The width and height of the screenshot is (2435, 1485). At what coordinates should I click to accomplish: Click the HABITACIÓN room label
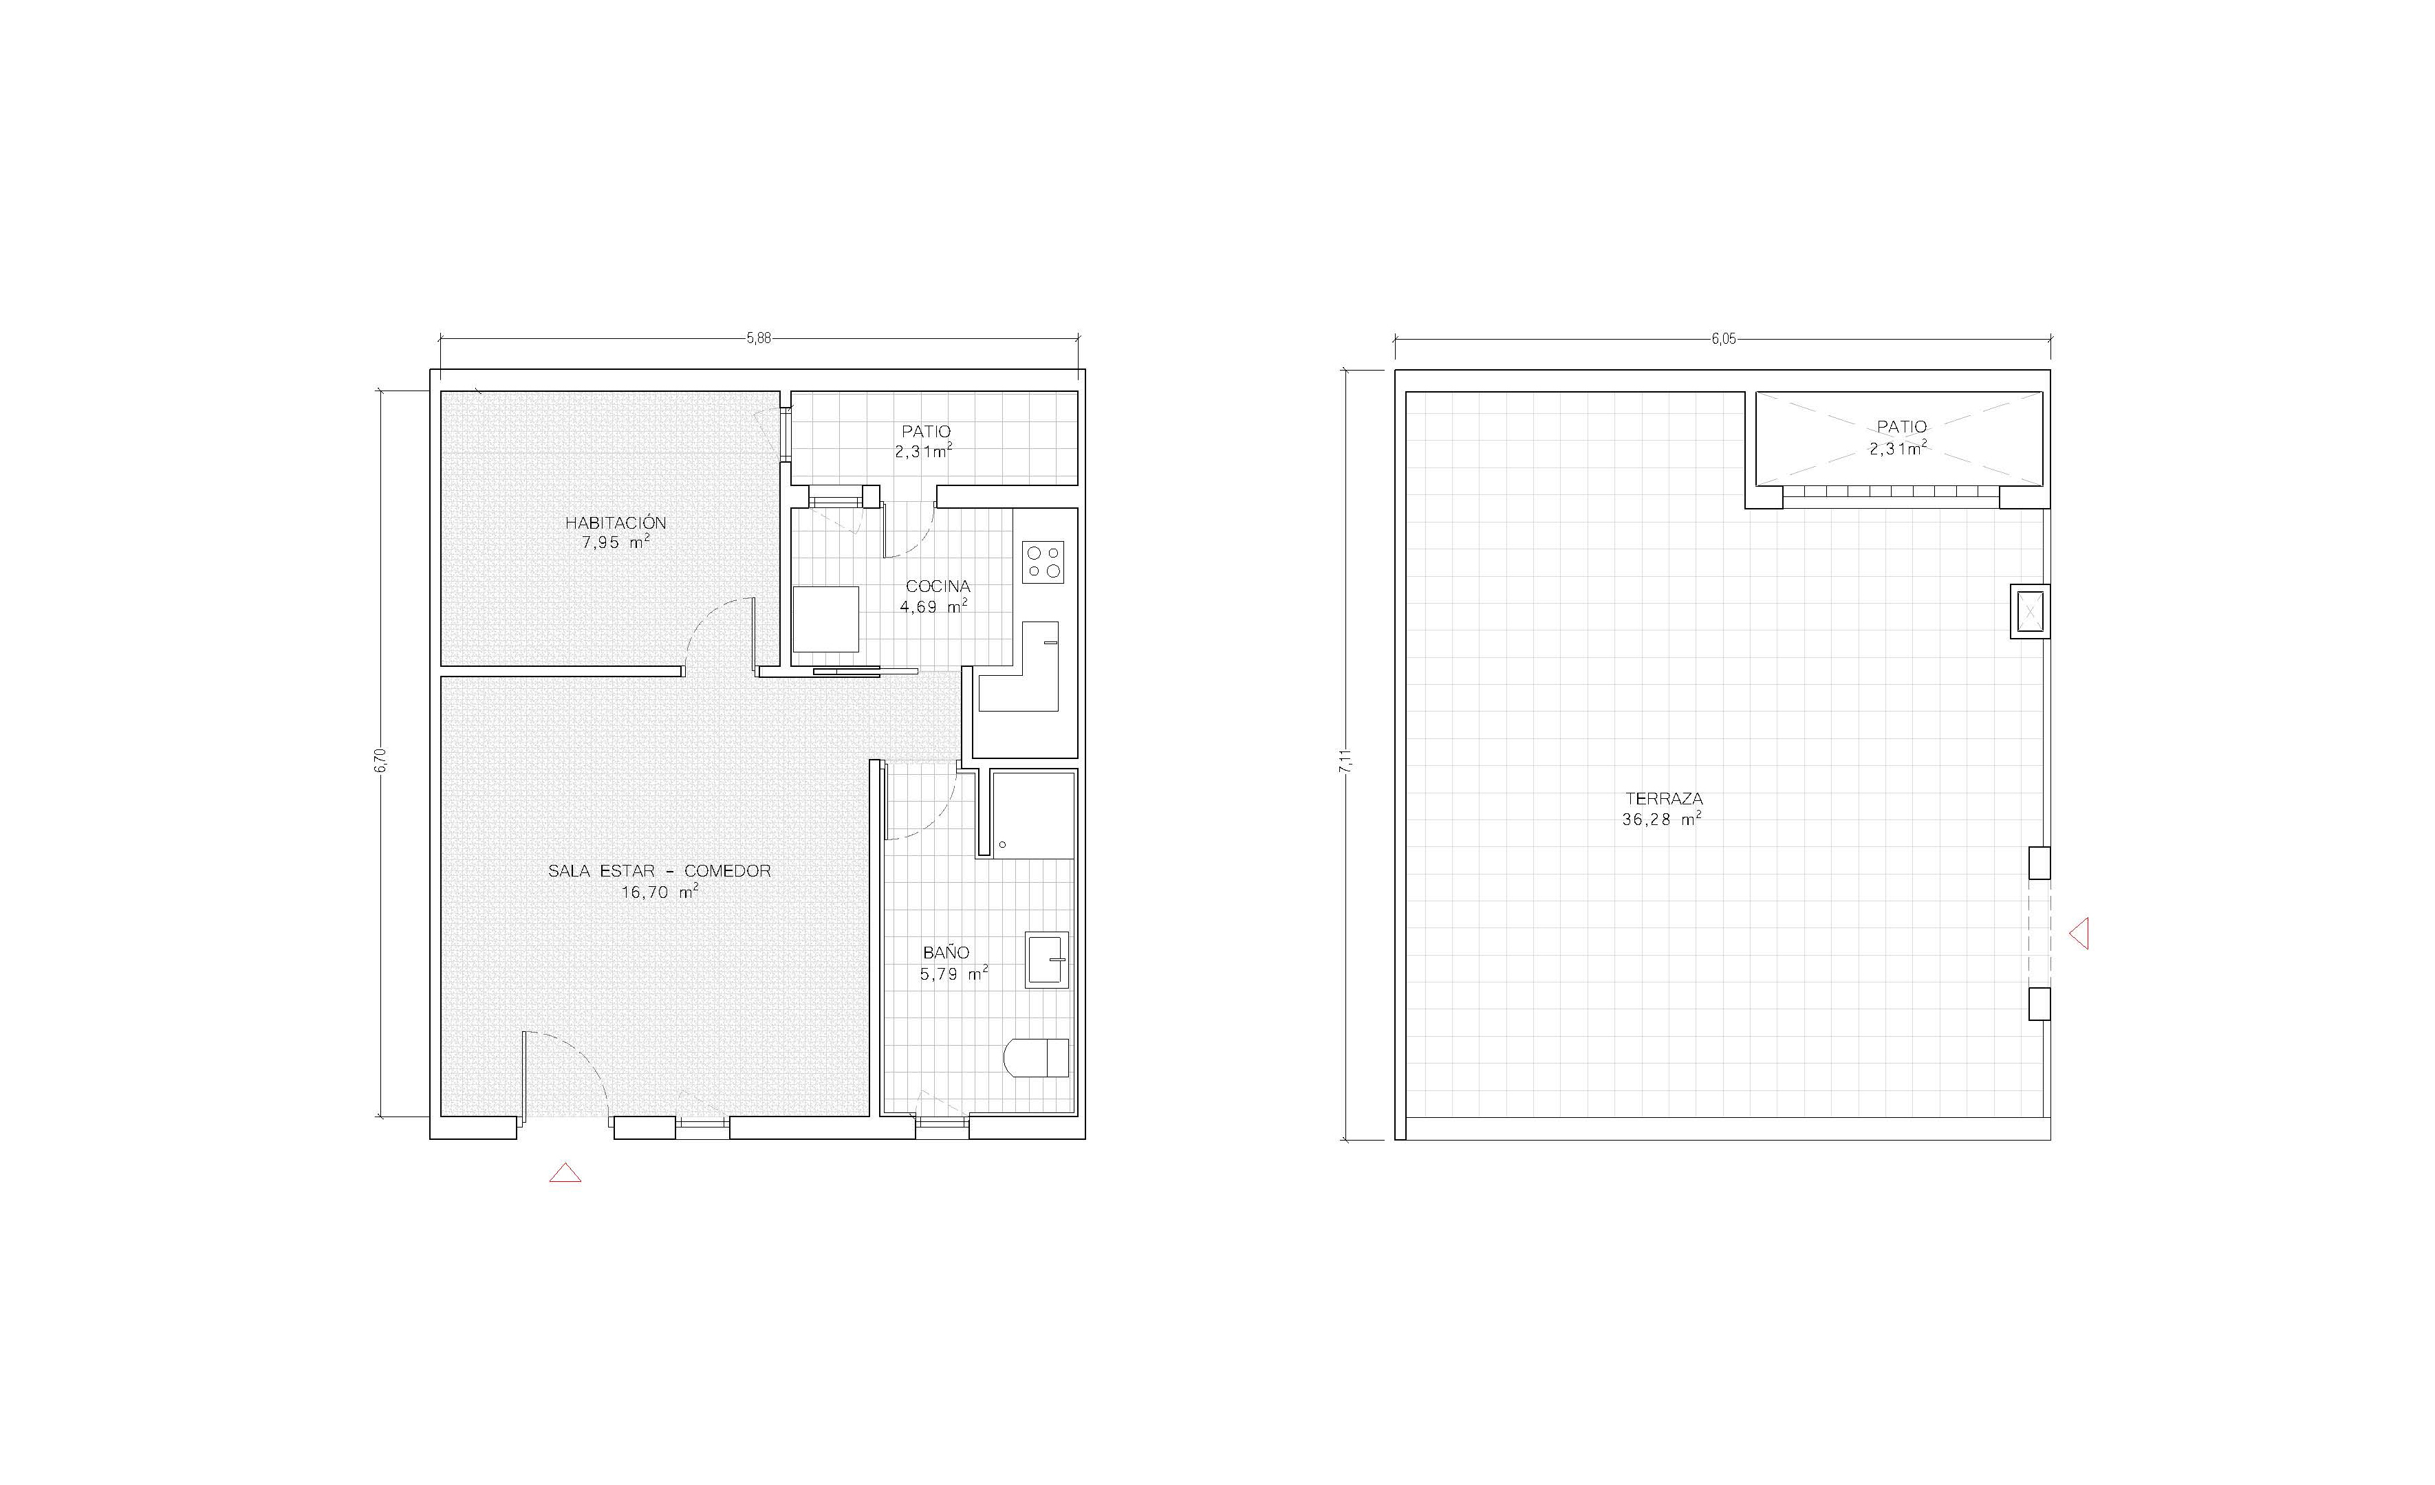tap(616, 522)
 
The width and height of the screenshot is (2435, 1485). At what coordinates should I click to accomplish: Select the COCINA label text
tap(938, 586)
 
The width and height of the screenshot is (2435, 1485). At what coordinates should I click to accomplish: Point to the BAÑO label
tap(946, 952)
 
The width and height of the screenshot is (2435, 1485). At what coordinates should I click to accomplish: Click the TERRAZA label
tap(1664, 798)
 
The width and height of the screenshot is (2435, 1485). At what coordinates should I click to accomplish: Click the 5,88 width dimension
tap(758, 338)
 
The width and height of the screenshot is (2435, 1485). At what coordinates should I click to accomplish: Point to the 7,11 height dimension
tap(1345, 762)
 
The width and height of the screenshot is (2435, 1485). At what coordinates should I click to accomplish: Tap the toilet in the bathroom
tap(1036, 1058)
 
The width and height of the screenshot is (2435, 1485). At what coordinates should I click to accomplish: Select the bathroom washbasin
tap(1046, 959)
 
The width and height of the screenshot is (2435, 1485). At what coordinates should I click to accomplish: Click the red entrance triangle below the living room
tap(565, 1173)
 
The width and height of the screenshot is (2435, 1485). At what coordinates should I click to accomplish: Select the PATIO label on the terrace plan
tap(1901, 427)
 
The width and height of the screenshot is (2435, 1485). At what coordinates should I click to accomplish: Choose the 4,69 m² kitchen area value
tap(933, 606)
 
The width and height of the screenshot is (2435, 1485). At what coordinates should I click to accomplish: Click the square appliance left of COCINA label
tap(825, 619)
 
